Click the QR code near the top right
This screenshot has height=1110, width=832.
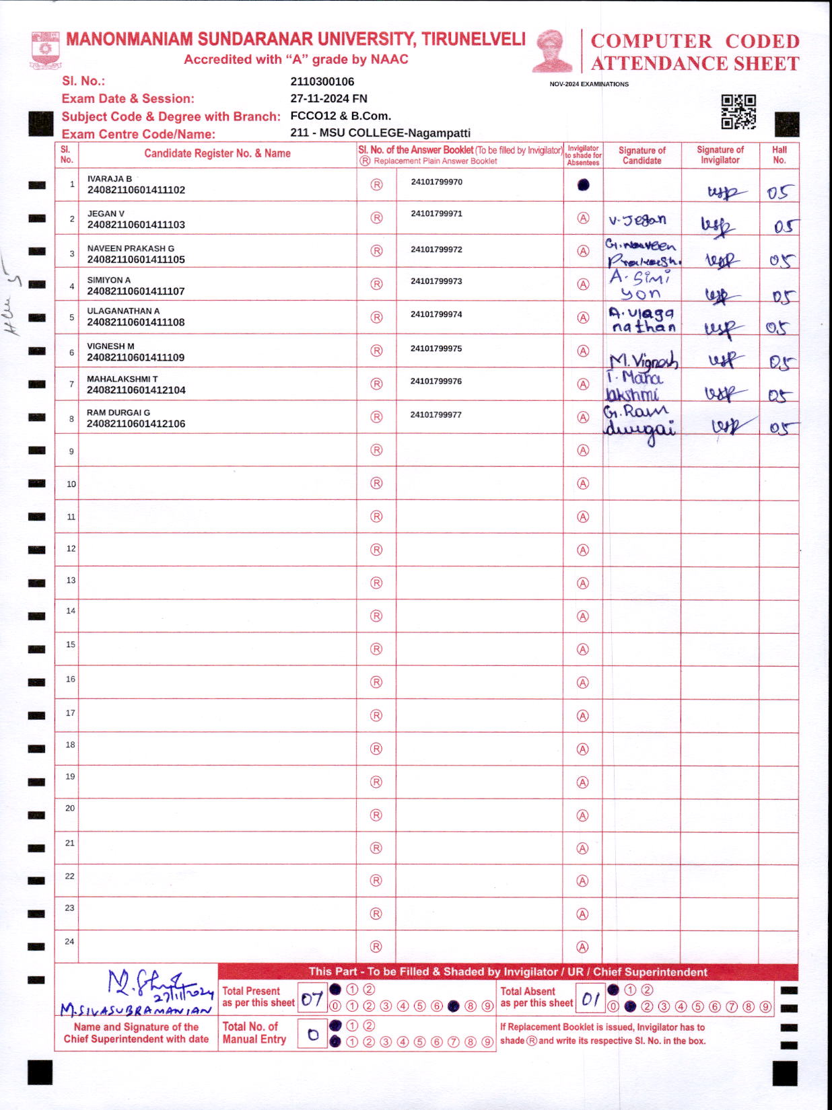(738, 112)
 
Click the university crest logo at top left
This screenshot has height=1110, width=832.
(45, 50)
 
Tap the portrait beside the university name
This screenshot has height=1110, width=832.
(552, 50)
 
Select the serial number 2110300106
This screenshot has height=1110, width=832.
(322, 82)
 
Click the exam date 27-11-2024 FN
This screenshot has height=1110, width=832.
(328, 99)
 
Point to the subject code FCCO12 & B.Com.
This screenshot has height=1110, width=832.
(340, 116)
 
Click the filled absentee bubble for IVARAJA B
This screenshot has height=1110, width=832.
(583, 184)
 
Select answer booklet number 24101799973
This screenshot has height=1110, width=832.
(436, 281)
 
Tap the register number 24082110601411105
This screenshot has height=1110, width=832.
(136, 260)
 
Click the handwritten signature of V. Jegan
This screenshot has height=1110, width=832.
(637, 220)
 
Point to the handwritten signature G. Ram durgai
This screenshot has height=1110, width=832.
(639, 420)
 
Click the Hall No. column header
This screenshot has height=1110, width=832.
(779, 155)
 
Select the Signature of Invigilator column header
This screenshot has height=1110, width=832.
(720, 155)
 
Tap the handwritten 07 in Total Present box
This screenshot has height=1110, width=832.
(312, 998)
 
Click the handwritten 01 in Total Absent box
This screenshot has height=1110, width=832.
(590, 998)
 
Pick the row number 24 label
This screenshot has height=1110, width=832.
(69, 941)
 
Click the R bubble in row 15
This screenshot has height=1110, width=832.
(376, 649)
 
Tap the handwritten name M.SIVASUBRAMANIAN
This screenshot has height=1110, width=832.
(135, 1010)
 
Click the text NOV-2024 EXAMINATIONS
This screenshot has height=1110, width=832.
(589, 84)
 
